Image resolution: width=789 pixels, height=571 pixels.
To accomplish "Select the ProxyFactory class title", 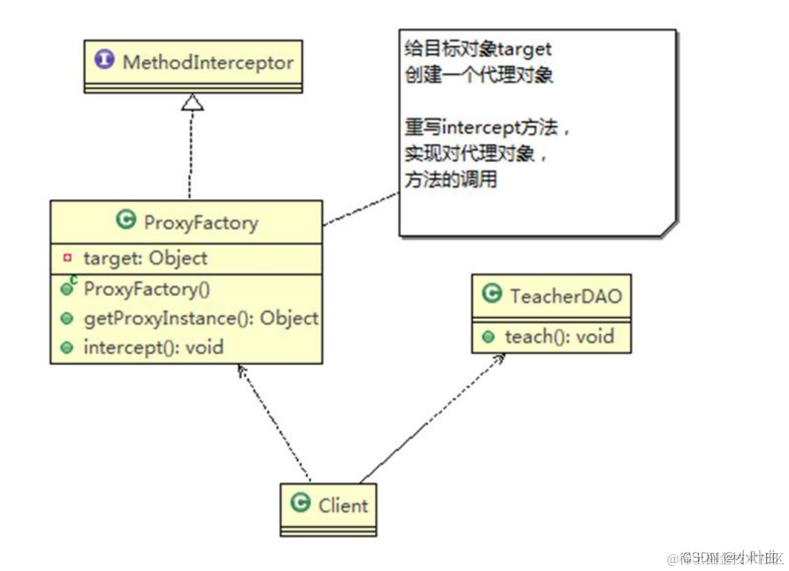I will point(201,222).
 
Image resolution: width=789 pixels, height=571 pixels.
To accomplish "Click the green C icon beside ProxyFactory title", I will point(126,220).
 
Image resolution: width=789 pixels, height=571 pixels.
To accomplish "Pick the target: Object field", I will point(146,259).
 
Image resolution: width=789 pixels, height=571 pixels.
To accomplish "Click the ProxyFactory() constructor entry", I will point(147,289).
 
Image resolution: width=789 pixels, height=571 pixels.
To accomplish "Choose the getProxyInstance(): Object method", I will point(201,318).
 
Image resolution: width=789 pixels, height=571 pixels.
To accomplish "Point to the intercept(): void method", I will point(153,347).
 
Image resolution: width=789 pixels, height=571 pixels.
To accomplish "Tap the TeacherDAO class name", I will point(565,296).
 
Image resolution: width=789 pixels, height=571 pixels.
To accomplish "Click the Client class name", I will point(343,506).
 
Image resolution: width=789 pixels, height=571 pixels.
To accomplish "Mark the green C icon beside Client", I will point(301,504).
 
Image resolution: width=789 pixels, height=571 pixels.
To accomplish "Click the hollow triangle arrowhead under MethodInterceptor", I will point(193,102).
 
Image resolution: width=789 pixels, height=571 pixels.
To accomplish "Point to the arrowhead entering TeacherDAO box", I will point(501,358).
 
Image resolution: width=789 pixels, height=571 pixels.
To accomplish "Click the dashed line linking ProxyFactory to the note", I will point(360,209).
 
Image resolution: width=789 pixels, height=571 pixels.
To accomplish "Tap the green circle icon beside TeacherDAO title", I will point(491,295).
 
